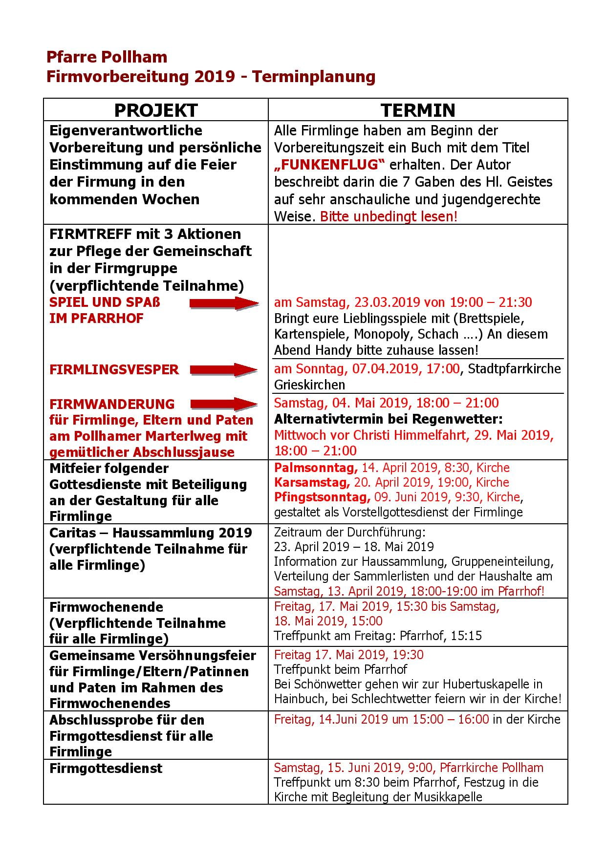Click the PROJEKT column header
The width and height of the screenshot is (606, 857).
coord(156,110)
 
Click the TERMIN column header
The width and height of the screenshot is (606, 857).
coord(418,110)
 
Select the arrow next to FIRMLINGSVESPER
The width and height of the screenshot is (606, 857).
coord(224,370)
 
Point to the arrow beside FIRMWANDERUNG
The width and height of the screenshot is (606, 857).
coord(224,404)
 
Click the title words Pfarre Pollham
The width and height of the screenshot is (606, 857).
coord(107,57)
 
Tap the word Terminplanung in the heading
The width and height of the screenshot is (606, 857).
coord(314,77)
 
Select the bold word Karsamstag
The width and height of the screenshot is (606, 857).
coord(312,483)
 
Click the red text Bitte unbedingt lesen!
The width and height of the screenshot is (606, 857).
coord(389,216)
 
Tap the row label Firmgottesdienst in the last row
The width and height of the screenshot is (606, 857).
coord(106,769)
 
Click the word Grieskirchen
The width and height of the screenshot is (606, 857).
coord(309,385)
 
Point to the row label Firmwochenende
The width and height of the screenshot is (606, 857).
coord(106,607)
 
